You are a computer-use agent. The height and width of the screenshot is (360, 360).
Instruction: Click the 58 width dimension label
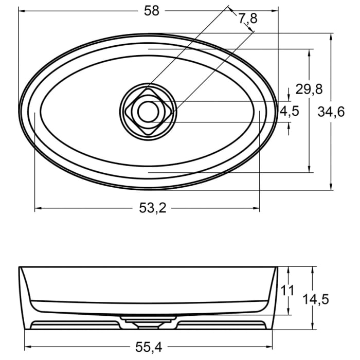151,11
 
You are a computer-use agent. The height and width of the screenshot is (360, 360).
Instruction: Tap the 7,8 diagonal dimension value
247,19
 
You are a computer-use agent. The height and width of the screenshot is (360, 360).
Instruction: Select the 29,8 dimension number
309,89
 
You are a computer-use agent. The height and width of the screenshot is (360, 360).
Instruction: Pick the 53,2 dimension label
148,208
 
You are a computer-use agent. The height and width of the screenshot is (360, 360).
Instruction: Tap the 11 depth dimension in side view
288,291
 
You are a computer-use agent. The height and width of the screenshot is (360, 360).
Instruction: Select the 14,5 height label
315,299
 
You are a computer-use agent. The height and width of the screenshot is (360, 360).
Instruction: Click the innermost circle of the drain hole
148,111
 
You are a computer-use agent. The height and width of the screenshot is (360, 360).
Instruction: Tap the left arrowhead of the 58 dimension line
22,10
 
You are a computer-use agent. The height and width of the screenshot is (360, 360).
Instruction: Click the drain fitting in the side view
148,322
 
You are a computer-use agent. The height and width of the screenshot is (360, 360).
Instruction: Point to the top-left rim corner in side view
20,267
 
